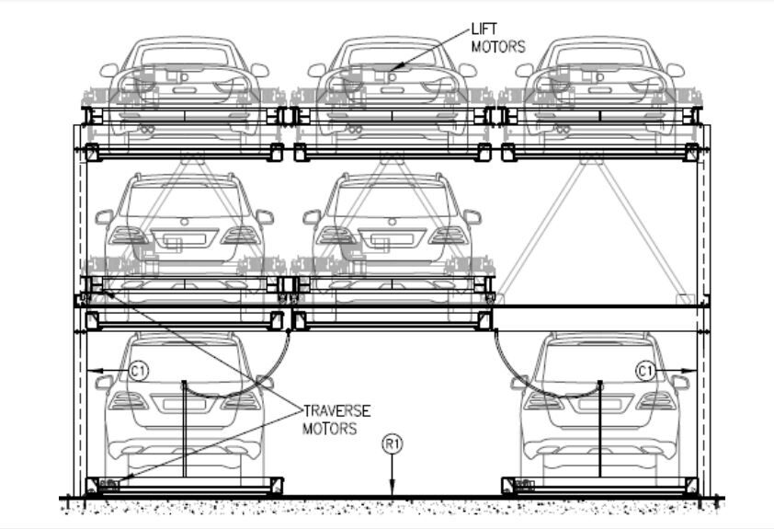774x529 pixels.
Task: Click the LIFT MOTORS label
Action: click(497, 38)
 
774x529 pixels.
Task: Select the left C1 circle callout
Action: click(138, 371)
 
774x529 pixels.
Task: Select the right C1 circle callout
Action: click(646, 371)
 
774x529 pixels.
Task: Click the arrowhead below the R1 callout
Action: click(392, 492)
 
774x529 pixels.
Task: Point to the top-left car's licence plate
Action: click(185, 90)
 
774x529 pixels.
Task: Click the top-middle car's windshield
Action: click(392, 56)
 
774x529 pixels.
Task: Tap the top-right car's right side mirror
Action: click(676, 70)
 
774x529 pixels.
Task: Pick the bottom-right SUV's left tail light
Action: click(542, 401)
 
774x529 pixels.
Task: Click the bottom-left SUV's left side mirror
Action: click(104, 382)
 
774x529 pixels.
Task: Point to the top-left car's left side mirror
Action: click(109, 70)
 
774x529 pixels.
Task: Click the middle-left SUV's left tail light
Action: click(128, 235)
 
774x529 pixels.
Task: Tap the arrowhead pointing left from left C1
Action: click(92, 371)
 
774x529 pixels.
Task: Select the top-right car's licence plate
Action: click(600, 90)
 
